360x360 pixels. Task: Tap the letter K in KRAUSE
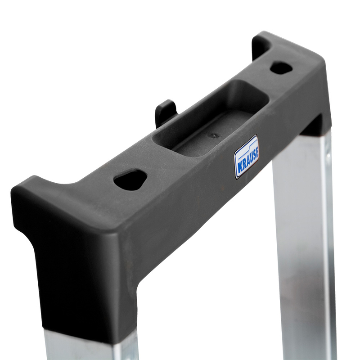click(239, 168)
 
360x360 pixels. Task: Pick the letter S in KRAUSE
click(254, 154)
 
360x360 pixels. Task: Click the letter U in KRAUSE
click(250, 158)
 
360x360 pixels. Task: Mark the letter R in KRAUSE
click(243, 165)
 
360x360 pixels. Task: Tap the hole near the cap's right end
click(281, 67)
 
